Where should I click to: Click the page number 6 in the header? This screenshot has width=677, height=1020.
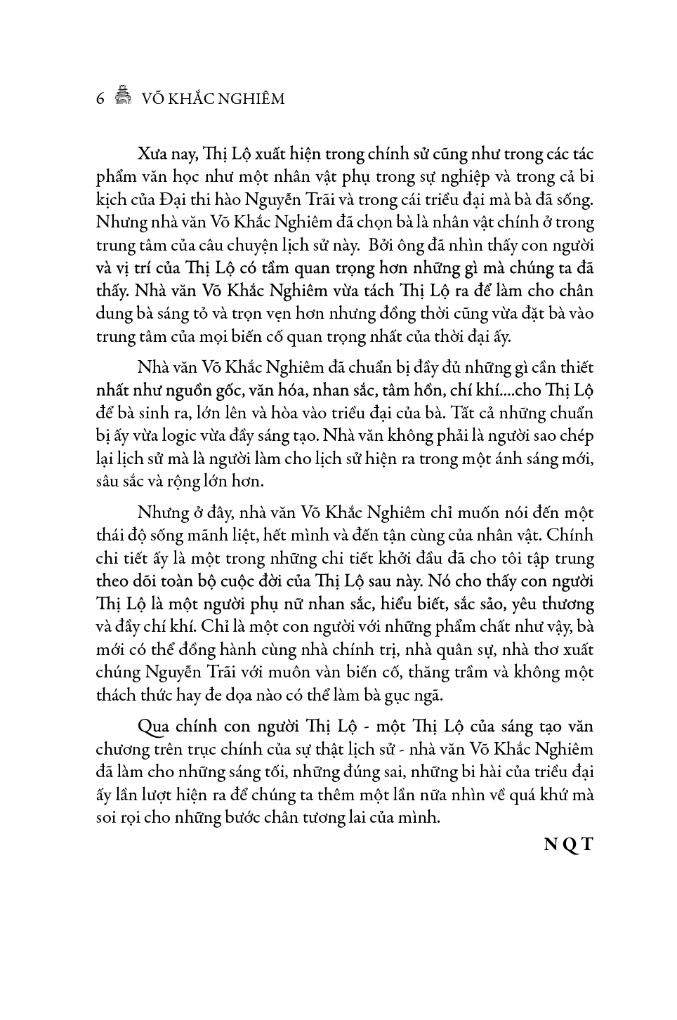click(x=100, y=99)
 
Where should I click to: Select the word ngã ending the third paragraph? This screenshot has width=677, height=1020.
click(x=428, y=695)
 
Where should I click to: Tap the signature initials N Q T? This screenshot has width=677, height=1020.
click(x=569, y=845)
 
